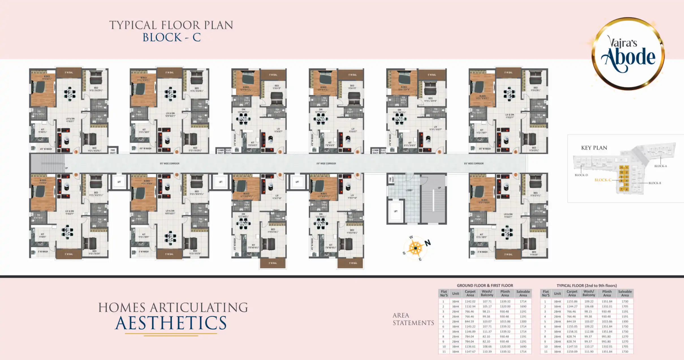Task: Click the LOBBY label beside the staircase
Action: [x=409, y=190]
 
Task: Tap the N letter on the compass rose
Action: [x=427, y=243]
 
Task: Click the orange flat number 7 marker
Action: [x=515, y=175]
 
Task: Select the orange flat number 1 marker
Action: [x=76, y=152]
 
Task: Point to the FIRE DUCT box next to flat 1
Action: [x=113, y=151]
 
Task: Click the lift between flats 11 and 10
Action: [x=119, y=182]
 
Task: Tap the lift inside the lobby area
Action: [x=396, y=211]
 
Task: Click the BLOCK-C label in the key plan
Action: [x=603, y=180]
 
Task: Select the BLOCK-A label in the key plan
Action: [x=660, y=166]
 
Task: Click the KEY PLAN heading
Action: [x=594, y=148]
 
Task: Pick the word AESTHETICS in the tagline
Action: [x=171, y=323]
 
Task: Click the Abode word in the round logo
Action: [x=628, y=58]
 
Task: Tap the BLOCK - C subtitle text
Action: [x=171, y=38]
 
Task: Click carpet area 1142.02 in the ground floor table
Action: [x=470, y=302]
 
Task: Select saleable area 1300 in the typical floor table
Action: [x=625, y=322]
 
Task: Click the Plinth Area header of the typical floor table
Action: [x=607, y=293]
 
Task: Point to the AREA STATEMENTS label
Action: [x=413, y=319]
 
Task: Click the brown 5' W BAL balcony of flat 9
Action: [x=273, y=263]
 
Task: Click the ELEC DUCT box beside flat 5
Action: [x=383, y=151]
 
